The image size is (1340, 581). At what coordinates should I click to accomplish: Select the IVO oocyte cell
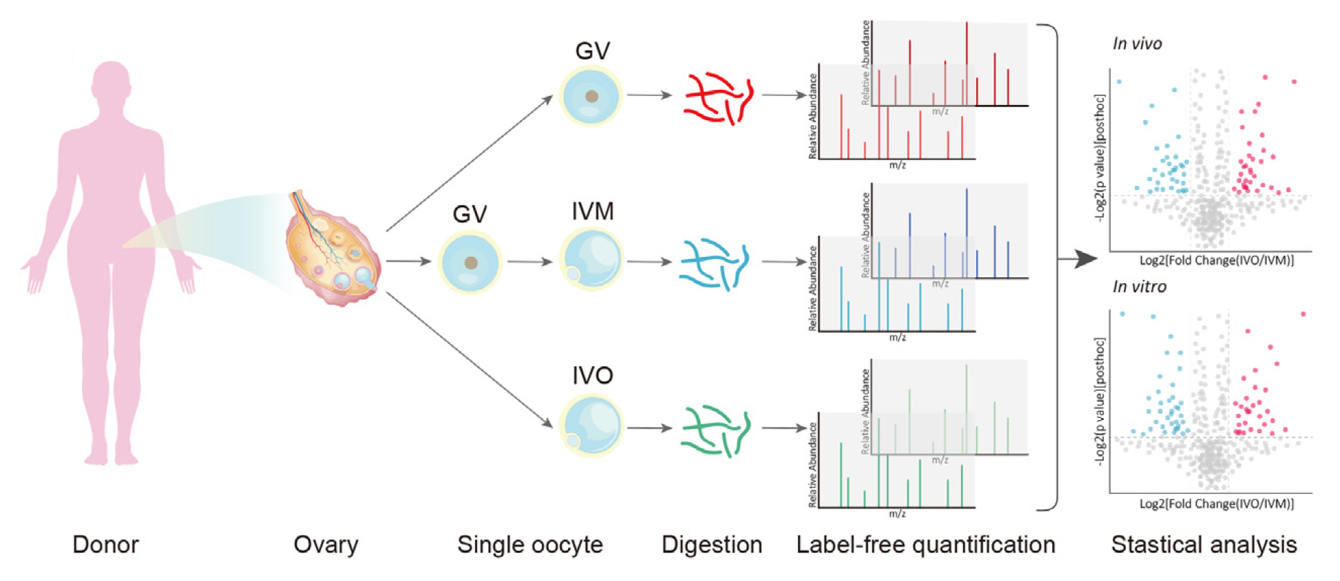[x=591, y=426]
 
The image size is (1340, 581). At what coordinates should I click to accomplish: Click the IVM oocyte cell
[x=591, y=260]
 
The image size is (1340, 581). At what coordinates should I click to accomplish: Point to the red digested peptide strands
[x=717, y=97]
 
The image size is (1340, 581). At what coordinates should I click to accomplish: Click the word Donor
[x=106, y=544]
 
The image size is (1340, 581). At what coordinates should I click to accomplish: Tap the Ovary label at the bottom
[x=326, y=544]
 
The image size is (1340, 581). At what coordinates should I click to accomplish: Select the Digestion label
[x=712, y=544]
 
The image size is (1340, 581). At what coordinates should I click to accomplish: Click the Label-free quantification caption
[x=926, y=544]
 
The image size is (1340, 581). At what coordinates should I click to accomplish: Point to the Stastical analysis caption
[x=1204, y=544]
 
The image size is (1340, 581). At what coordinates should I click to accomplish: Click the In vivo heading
[x=1137, y=44]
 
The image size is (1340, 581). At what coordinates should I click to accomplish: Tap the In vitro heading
[x=1139, y=287]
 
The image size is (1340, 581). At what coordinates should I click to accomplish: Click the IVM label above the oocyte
[x=592, y=211]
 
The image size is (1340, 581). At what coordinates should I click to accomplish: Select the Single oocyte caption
[x=530, y=544]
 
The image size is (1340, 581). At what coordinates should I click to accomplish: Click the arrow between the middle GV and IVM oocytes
[x=530, y=262]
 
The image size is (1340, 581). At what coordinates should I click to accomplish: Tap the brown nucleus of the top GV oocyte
[x=592, y=97]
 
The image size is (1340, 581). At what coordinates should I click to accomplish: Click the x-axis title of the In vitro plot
[x=1216, y=504]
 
